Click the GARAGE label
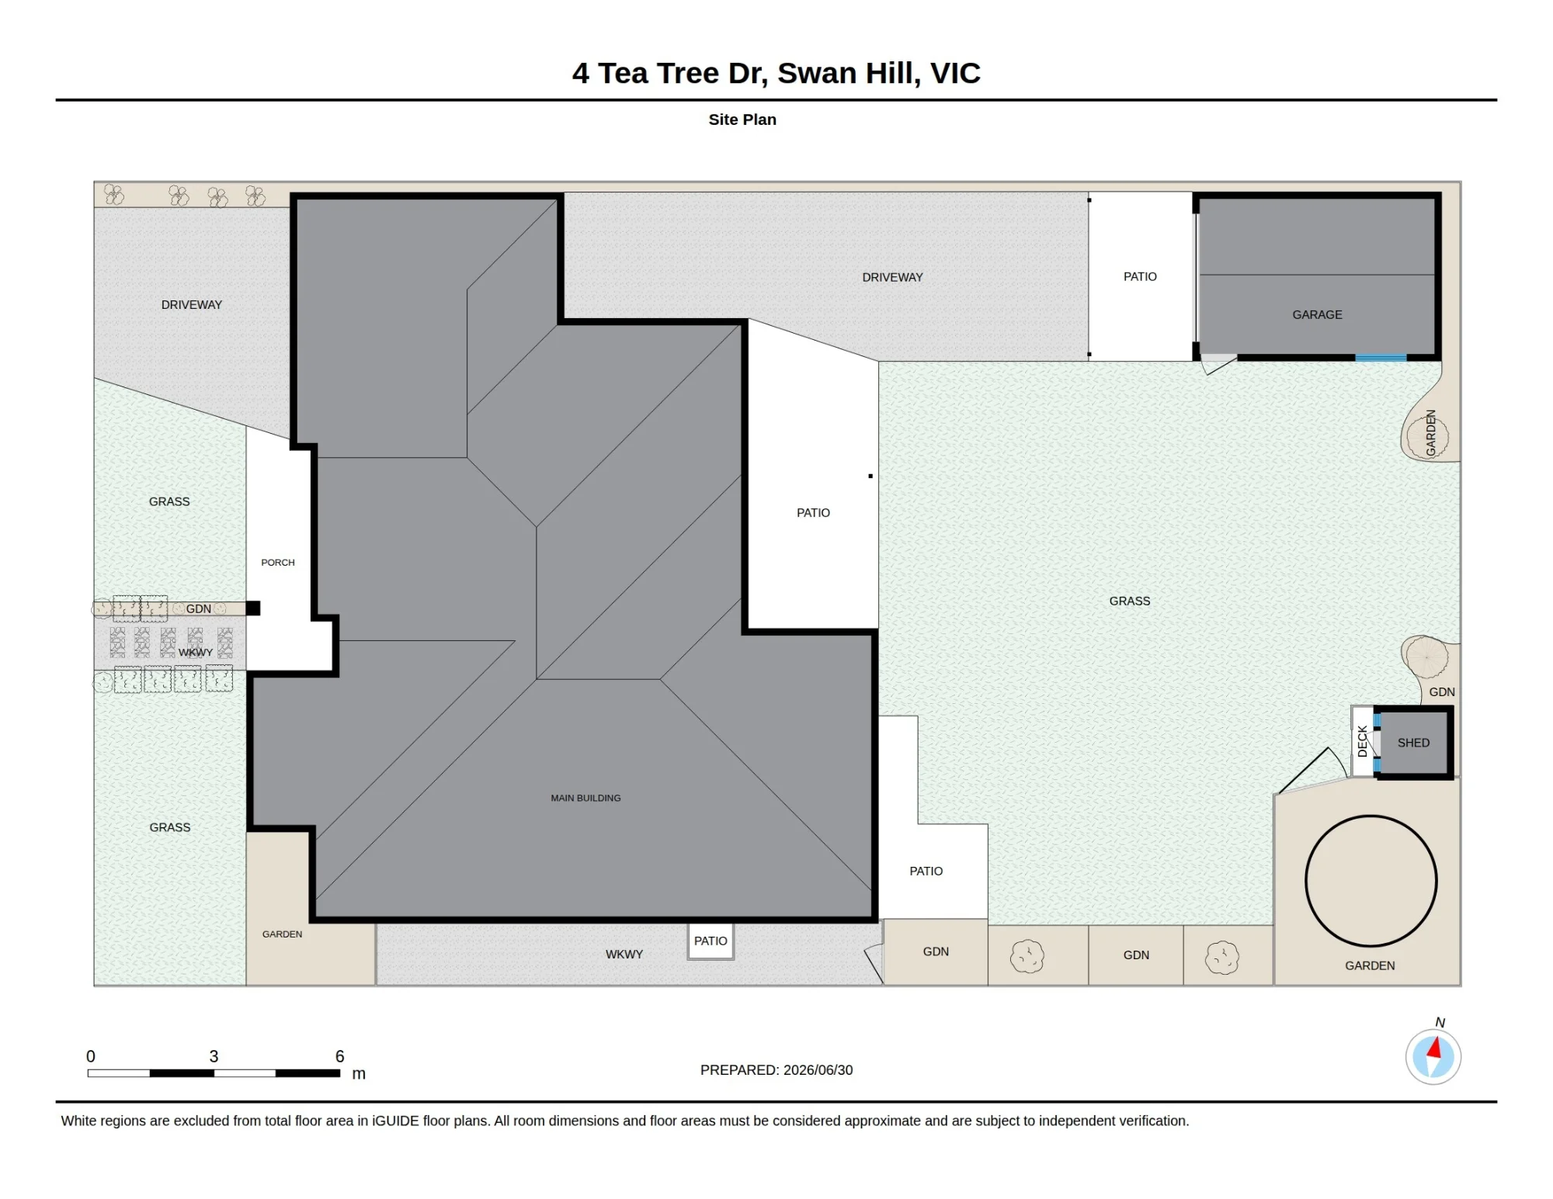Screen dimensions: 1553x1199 [x=1317, y=314]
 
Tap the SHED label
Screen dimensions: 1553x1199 [x=1413, y=743]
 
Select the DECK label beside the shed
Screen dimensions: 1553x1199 [x=1362, y=741]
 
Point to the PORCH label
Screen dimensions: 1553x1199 [x=278, y=563]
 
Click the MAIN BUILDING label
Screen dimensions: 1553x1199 [x=585, y=798]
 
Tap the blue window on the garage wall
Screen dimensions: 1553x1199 [x=1381, y=358]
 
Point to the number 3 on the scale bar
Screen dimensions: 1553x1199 [x=214, y=1056]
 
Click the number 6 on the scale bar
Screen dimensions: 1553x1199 [x=339, y=1056]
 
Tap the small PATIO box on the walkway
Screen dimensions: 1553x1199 [x=710, y=941]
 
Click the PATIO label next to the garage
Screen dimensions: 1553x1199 [x=1140, y=276]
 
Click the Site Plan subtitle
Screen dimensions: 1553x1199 [x=742, y=120]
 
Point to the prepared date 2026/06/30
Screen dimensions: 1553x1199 [x=818, y=1070]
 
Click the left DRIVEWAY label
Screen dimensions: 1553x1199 [x=192, y=305]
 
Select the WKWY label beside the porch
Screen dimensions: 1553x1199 [x=196, y=653]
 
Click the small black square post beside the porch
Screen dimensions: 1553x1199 [x=253, y=608]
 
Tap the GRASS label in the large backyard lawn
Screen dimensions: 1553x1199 [x=1130, y=601]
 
